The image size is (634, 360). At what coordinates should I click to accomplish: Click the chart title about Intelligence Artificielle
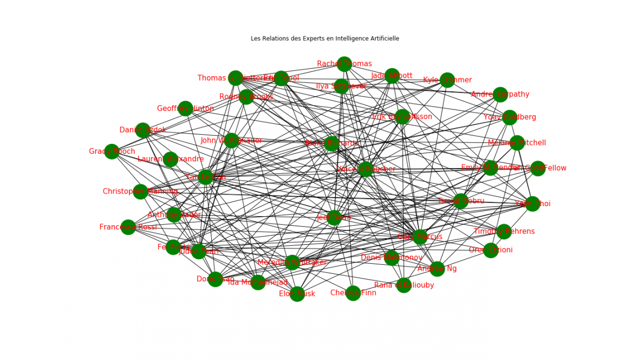(x=325, y=39)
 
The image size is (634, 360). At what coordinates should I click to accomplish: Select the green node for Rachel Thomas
(x=344, y=64)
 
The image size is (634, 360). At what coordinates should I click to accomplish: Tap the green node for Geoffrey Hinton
(x=185, y=108)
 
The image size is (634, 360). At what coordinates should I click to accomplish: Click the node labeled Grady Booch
(x=112, y=152)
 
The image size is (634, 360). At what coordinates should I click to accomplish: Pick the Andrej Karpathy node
(x=500, y=95)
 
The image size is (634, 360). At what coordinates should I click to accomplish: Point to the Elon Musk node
(x=297, y=294)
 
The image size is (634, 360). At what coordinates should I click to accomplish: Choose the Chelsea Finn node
(x=353, y=293)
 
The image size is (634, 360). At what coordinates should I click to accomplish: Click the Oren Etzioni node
(x=491, y=250)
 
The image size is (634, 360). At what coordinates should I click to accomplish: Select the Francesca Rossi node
(x=128, y=227)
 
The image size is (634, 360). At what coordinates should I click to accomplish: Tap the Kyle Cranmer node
(x=447, y=80)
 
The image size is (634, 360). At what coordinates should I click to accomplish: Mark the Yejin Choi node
(x=533, y=204)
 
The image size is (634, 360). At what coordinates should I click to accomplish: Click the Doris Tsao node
(x=215, y=279)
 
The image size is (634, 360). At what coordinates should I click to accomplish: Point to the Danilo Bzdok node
(x=143, y=130)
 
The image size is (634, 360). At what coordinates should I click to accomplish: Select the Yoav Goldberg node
(x=509, y=117)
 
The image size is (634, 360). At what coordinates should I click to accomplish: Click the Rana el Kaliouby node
(x=404, y=285)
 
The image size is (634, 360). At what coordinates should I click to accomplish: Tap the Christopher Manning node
(x=141, y=191)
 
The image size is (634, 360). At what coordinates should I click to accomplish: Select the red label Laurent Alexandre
(x=170, y=159)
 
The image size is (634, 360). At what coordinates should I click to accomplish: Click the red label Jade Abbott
(x=391, y=76)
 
